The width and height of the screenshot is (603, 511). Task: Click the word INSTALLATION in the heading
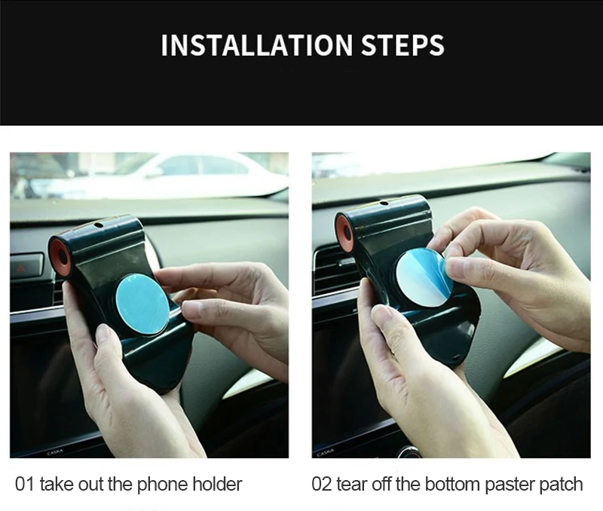(257, 45)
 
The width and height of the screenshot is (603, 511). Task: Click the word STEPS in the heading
(403, 45)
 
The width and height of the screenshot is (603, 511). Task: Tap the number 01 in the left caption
(25, 484)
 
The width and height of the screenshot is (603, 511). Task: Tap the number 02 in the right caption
(322, 484)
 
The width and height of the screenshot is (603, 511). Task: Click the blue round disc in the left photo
(142, 305)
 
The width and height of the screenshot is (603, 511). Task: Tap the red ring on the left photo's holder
(60, 256)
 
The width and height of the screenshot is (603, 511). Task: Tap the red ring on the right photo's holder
(345, 232)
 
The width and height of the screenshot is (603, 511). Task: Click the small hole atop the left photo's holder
(99, 225)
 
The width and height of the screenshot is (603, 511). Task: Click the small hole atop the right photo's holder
(384, 203)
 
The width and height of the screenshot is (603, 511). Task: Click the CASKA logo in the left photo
(54, 451)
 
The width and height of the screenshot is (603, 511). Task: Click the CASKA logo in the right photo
(326, 453)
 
